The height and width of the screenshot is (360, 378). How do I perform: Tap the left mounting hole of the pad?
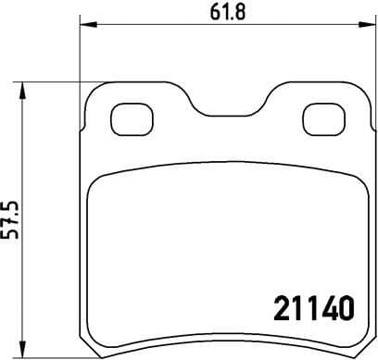click(130, 118)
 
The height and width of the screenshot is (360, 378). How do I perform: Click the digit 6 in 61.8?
click(204, 14)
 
